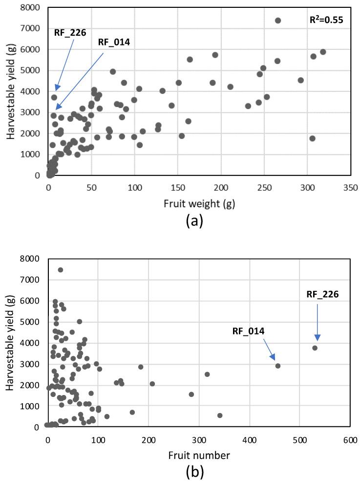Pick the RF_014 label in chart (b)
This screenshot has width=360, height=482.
point(248,331)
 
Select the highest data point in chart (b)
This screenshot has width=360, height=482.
point(61,270)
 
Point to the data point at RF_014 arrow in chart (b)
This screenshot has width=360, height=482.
point(278,366)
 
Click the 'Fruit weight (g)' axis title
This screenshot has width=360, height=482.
point(199,204)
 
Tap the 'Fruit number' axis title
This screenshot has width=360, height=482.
point(199,455)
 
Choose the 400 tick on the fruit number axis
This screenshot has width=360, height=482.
point(249,438)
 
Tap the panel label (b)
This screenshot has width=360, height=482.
point(199,472)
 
